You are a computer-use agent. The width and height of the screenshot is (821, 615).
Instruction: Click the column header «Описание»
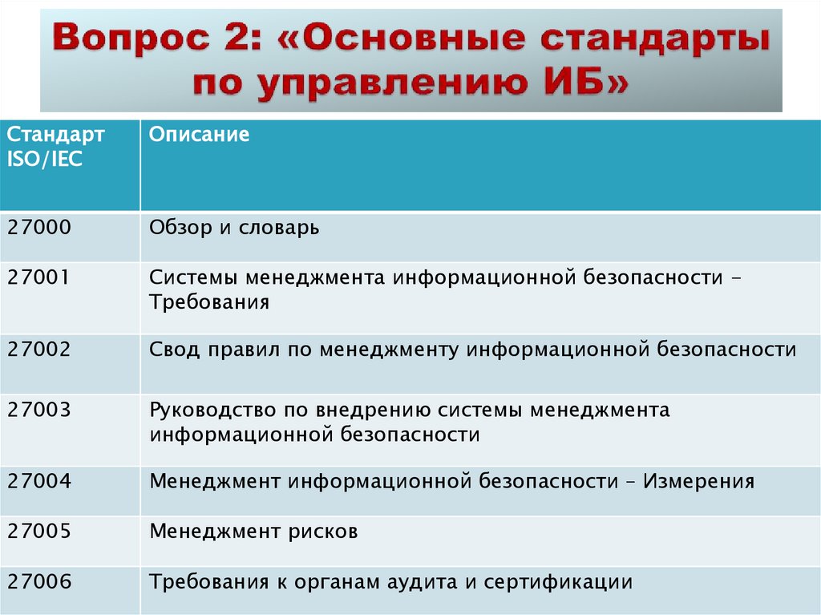tap(199, 134)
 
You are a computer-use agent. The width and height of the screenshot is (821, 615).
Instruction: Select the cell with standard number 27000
tap(39, 228)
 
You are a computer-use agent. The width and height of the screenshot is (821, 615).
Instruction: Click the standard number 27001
tap(39, 277)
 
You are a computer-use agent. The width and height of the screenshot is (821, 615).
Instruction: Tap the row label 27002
tap(39, 350)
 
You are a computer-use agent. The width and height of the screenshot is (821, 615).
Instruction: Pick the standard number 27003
tap(39, 410)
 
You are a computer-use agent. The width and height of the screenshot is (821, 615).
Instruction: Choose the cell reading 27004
tap(39, 481)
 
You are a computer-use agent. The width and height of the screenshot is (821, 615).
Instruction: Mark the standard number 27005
tap(39, 531)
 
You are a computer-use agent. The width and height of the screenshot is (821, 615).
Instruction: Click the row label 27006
tap(39, 581)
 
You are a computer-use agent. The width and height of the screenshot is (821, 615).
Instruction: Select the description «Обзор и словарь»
tap(234, 228)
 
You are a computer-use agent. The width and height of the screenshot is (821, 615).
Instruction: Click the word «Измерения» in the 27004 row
tap(698, 481)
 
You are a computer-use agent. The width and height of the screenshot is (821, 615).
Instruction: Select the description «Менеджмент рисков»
tap(253, 531)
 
